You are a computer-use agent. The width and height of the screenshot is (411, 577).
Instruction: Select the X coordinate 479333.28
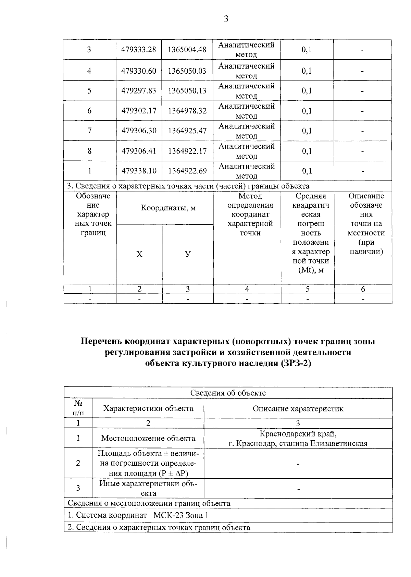(x=139, y=50)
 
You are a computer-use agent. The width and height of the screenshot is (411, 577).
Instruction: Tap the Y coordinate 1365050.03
(x=187, y=71)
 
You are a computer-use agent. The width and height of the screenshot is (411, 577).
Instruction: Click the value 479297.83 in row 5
(x=139, y=91)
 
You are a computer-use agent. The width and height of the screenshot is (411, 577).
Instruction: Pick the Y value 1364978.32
(x=187, y=111)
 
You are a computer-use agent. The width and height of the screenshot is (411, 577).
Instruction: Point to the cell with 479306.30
(x=139, y=131)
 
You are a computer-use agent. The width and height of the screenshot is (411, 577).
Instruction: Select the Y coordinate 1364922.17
(x=187, y=151)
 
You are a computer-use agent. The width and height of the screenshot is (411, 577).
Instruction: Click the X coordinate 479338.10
(x=139, y=171)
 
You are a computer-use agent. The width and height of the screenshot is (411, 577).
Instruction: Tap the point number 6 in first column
(x=89, y=111)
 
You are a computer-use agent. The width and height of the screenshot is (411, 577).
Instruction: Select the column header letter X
(x=139, y=254)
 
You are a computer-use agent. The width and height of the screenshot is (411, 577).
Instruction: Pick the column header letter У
(x=188, y=254)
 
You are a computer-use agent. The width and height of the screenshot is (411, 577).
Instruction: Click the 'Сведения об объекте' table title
(x=228, y=393)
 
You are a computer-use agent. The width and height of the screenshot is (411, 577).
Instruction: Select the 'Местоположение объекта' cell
(x=148, y=438)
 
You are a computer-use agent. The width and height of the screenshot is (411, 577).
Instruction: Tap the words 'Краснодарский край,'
(x=298, y=434)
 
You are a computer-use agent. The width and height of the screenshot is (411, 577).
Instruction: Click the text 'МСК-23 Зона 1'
(x=180, y=515)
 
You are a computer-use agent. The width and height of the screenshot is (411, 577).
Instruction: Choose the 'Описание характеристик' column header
(x=298, y=408)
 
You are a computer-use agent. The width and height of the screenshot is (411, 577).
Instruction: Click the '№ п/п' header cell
(x=78, y=408)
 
